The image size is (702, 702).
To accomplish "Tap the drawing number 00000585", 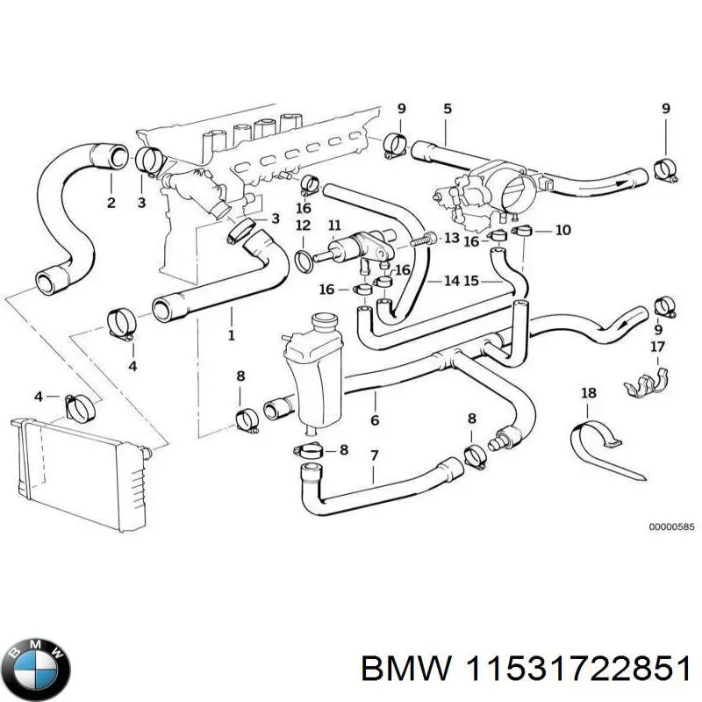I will (671, 527).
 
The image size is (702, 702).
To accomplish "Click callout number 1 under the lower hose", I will (231, 336).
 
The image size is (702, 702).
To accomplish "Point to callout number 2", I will (111, 204).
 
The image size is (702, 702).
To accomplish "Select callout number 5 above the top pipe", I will (447, 109).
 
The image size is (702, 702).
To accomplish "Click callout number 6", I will (375, 420).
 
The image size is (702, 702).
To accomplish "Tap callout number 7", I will (375, 457).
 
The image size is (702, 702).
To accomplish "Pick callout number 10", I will (563, 230).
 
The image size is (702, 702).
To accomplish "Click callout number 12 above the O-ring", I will (303, 226).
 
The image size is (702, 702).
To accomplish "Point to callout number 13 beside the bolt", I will (451, 238).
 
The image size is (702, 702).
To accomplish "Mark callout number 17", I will (656, 347).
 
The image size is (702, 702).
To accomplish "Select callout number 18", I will (589, 393).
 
